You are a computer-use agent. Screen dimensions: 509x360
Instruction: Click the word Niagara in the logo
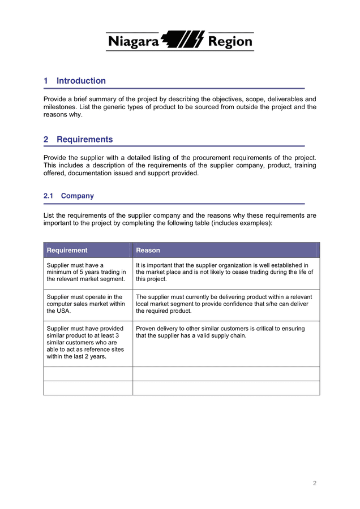tap(133, 41)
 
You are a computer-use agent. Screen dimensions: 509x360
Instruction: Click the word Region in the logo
tap(230, 41)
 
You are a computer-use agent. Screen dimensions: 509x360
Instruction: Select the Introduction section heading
tap(81, 81)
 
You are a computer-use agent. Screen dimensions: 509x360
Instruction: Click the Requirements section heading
tap(84, 140)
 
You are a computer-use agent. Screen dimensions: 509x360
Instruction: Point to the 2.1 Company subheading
tap(68, 196)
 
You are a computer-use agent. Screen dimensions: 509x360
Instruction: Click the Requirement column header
tap(67, 250)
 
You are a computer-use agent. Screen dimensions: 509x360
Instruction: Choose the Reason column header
tap(148, 250)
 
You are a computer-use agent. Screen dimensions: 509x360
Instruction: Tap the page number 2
tap(315, 483)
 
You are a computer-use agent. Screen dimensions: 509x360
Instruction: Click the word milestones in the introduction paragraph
tap(62, 107)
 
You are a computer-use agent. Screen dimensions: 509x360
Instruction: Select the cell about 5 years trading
tap(87, 272)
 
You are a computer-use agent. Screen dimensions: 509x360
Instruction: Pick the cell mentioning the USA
tap(85, 304)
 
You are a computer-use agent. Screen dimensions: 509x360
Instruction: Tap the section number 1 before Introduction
tap(46, 81)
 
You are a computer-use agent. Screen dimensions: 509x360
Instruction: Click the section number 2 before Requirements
tap(46, 140)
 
